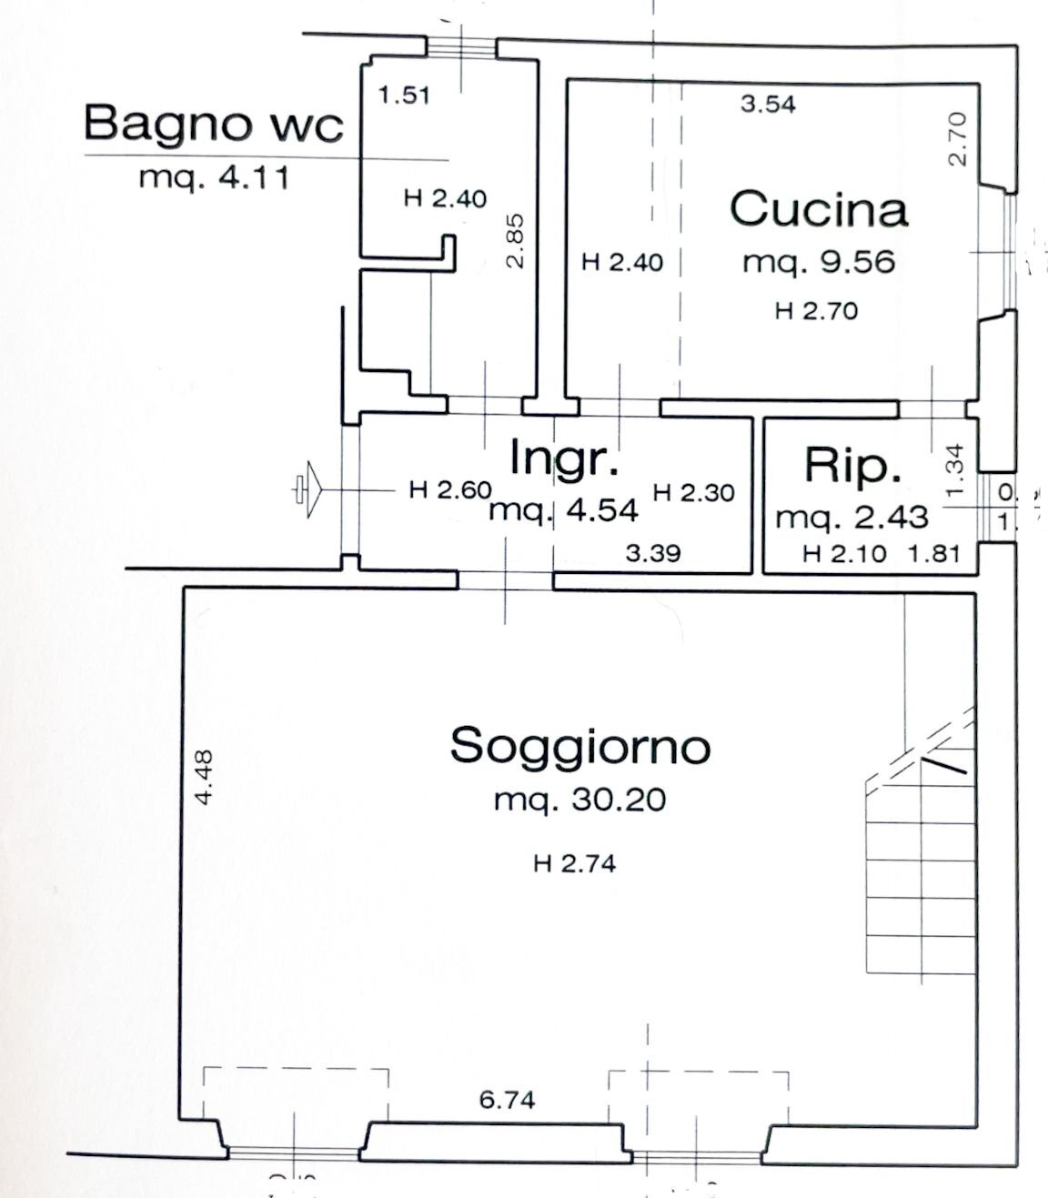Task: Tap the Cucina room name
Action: (x=818, y=209)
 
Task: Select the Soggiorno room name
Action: (x=579, y=746)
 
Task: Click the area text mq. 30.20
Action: (x=579, y=800)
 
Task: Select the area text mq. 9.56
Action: (x=818, y=262)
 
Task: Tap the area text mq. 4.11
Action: (x=214, y=177)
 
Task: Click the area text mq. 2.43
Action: (x=851, y=517)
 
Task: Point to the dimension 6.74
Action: (x=507, y=1101)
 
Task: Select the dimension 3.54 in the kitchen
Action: (x=767, y=104)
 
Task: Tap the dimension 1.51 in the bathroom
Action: (x=404, y=94)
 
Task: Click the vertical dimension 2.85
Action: (x=515, y=240)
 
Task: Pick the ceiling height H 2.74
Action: (x=574, y=863)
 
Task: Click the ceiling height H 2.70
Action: (x=816, y=311)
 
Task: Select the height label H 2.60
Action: (x=449, y=490)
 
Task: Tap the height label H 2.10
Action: (x=843, y=553)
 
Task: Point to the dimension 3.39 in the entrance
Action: (x=653, y=552)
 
